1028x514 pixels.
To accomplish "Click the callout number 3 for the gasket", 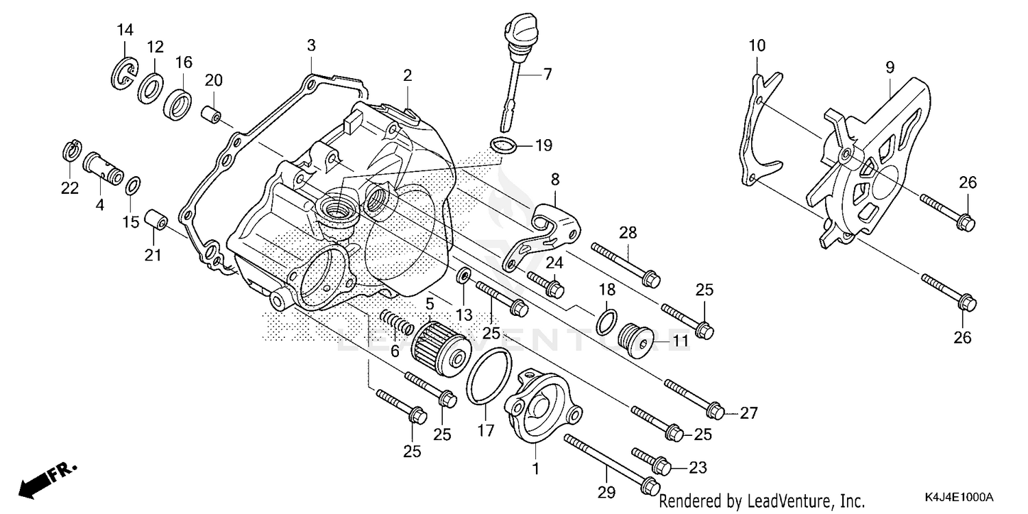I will (x=311, y=47).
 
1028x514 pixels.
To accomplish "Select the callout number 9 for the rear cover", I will (x=890, y=67).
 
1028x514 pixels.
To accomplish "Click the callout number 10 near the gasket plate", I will (x=757, y=47).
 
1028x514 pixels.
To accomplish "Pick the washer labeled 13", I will (x=464, y=276).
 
